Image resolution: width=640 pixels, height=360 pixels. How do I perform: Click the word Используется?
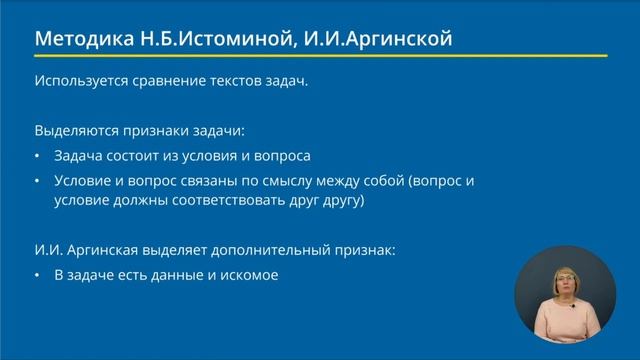point(79,82)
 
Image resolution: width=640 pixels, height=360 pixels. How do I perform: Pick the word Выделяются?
point(75,131)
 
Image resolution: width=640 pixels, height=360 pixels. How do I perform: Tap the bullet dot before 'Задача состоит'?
point(38,157)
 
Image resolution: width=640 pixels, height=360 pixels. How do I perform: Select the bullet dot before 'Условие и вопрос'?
point(38,181)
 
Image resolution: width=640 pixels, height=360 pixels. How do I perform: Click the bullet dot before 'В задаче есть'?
point(38,273)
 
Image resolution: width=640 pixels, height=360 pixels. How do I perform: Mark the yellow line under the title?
point(320,55)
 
